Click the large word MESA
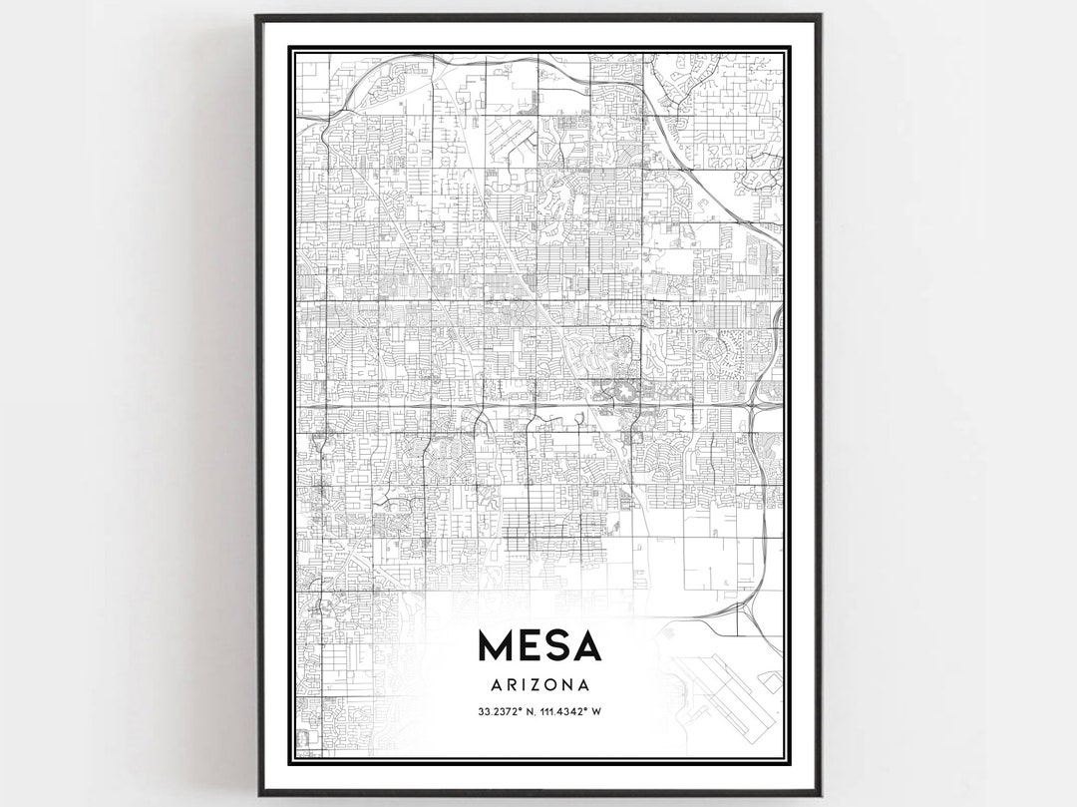click(539, 646)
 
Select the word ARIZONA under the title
click(539, 685)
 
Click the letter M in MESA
click(495, 646)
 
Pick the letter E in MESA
click(529, 646)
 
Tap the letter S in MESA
click(556, 646)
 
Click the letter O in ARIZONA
click(554, 685)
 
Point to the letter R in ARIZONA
click(510, 685)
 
